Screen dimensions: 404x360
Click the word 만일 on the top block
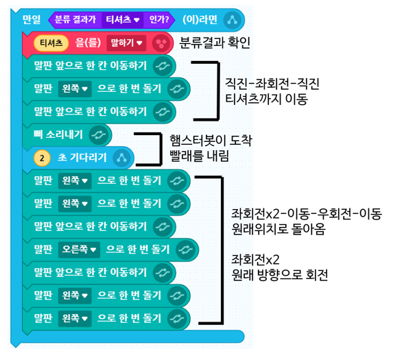[x=32, y=20]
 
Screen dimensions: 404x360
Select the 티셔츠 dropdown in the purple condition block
[x=122, y=20]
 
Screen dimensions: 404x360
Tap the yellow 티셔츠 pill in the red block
[x=51, y=43]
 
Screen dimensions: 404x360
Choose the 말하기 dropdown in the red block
[x=126, y=43]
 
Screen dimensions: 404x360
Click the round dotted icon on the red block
[x=161, y=43]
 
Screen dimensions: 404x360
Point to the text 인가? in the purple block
[x=159, y=20]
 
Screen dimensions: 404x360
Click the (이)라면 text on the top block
[x=200, y=20]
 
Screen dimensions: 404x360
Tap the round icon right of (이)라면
[x=232, y=20]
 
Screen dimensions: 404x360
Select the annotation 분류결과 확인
[x=215, y=43]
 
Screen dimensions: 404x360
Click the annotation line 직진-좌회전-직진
[x=272, y=84]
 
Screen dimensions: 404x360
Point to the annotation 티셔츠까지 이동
[x=266, y=99]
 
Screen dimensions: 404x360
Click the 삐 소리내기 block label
[x=58, y=134]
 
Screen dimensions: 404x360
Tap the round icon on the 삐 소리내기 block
[x=99, y=134]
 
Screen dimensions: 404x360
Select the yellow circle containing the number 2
[x=42, y=158]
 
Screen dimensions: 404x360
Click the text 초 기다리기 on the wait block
[x=82, y=157]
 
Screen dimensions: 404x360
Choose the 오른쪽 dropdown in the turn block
[x=79, y=250]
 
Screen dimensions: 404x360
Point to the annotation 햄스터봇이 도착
[x=211, y=141]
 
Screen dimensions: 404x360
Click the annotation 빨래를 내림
[x=199, y=156]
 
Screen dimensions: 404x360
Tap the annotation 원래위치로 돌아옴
[x=278, y=228]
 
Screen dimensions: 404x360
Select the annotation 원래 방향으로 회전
[x=280, y=274]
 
